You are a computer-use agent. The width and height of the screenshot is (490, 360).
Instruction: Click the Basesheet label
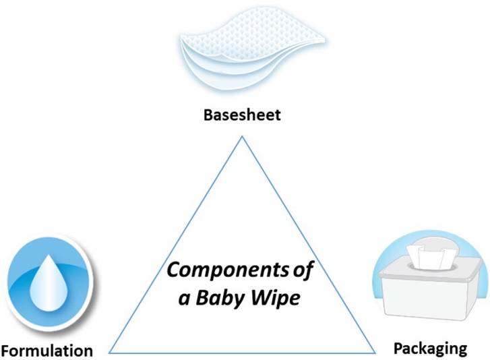point(241,115)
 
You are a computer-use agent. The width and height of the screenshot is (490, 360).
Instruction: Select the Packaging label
point(429,348)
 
